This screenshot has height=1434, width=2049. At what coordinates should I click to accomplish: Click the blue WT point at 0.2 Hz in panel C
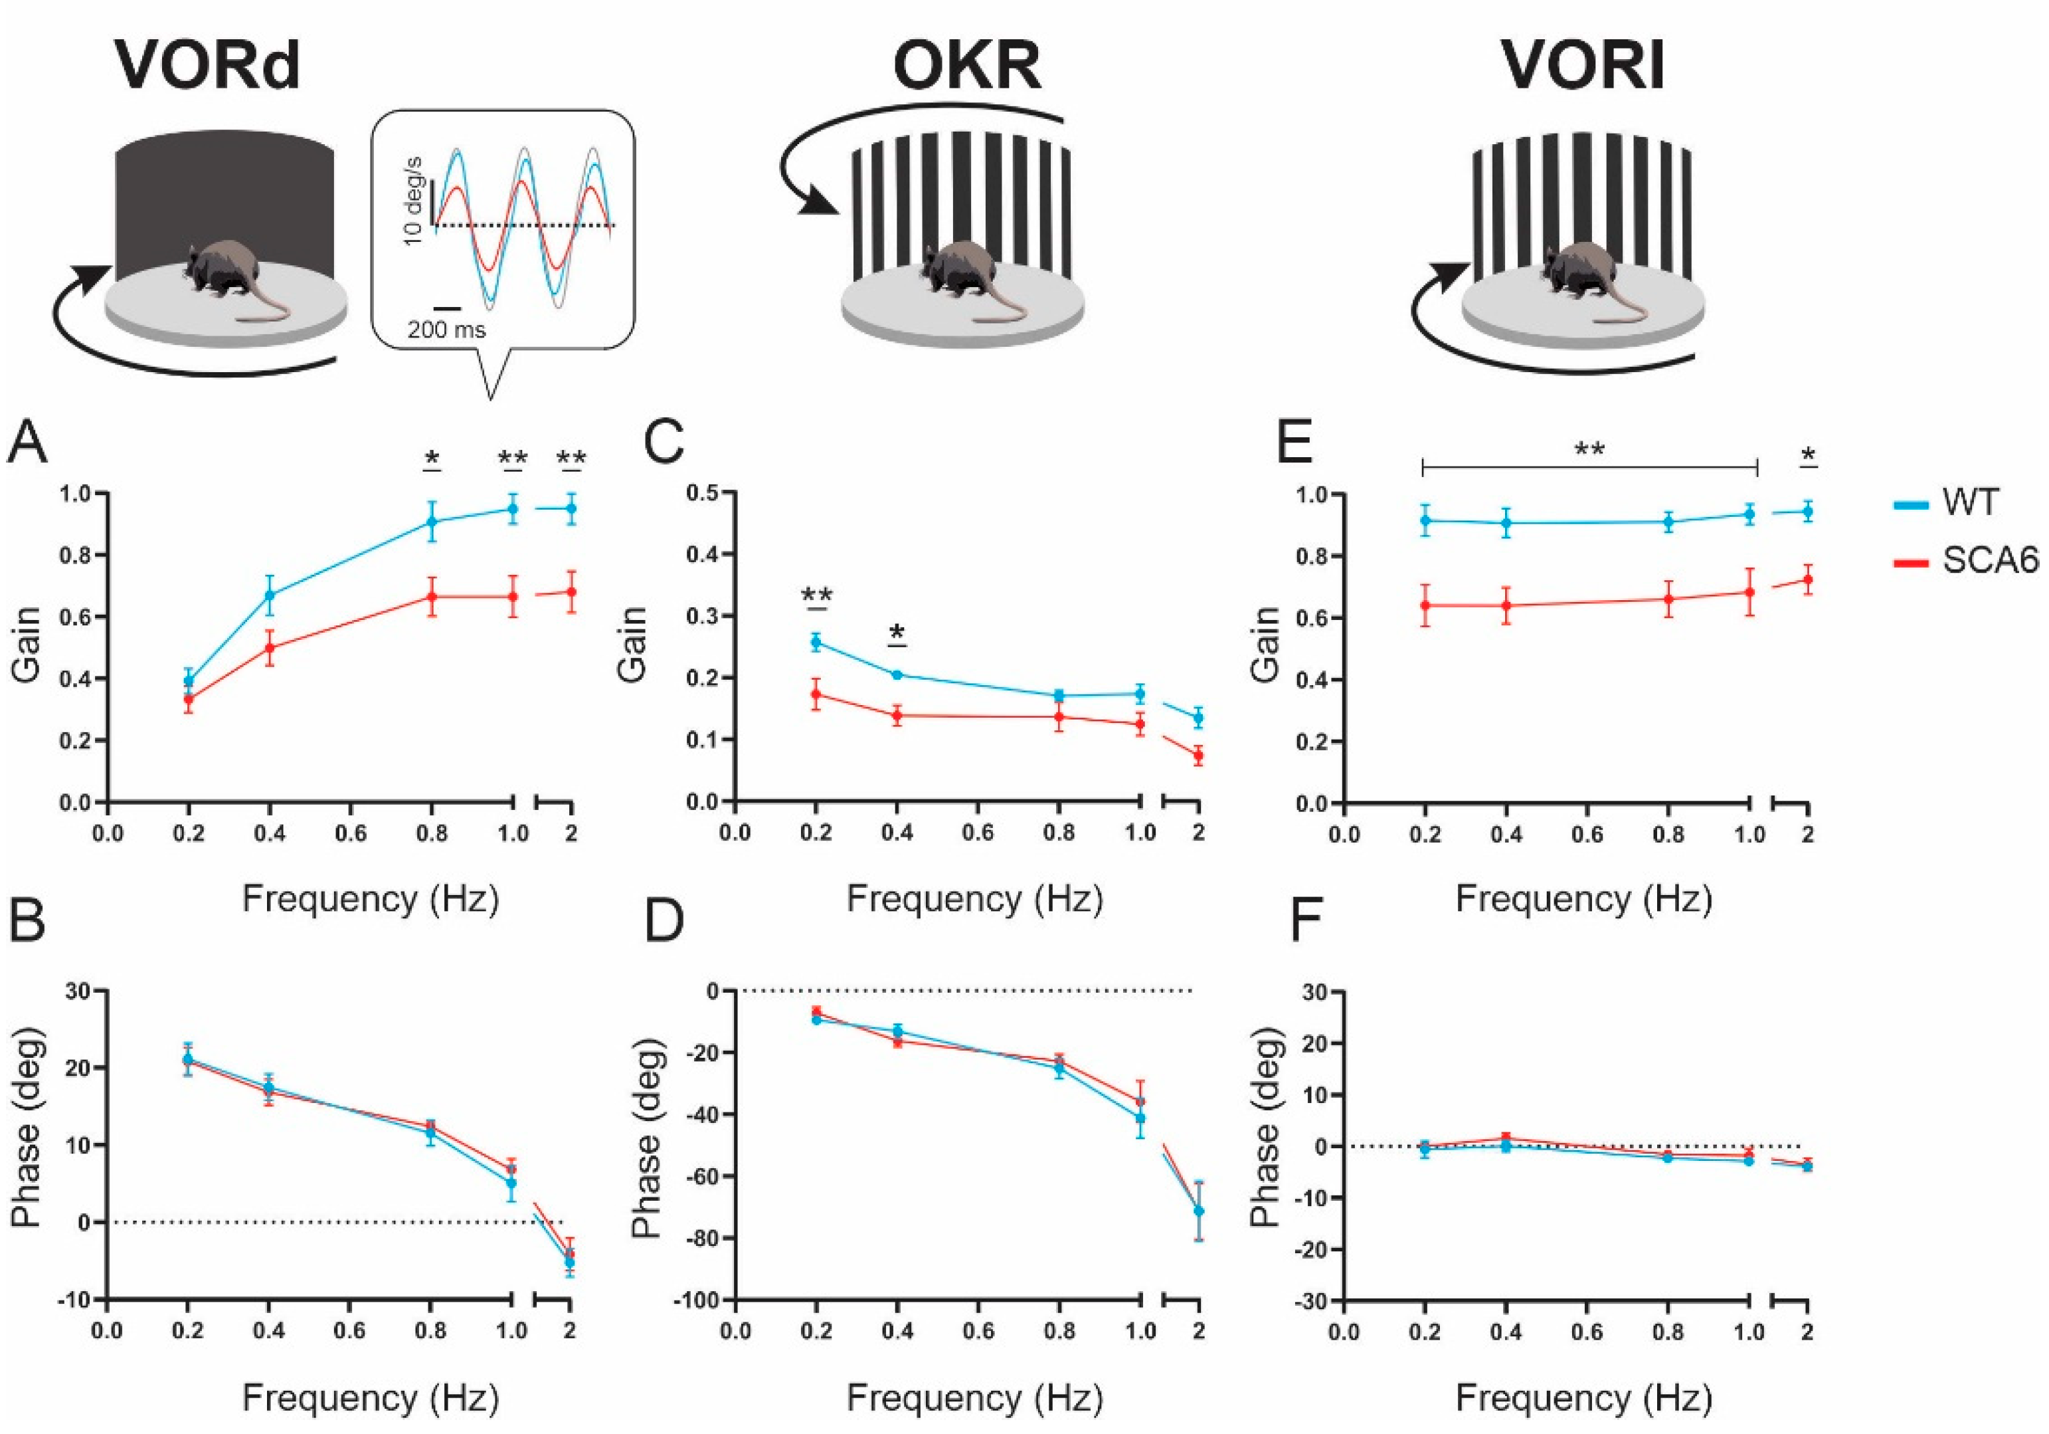click(816, 641)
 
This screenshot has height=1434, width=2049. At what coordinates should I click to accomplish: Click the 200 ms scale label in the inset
click(446, 330)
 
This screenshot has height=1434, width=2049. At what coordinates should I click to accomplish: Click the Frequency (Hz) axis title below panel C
click(974, 898)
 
